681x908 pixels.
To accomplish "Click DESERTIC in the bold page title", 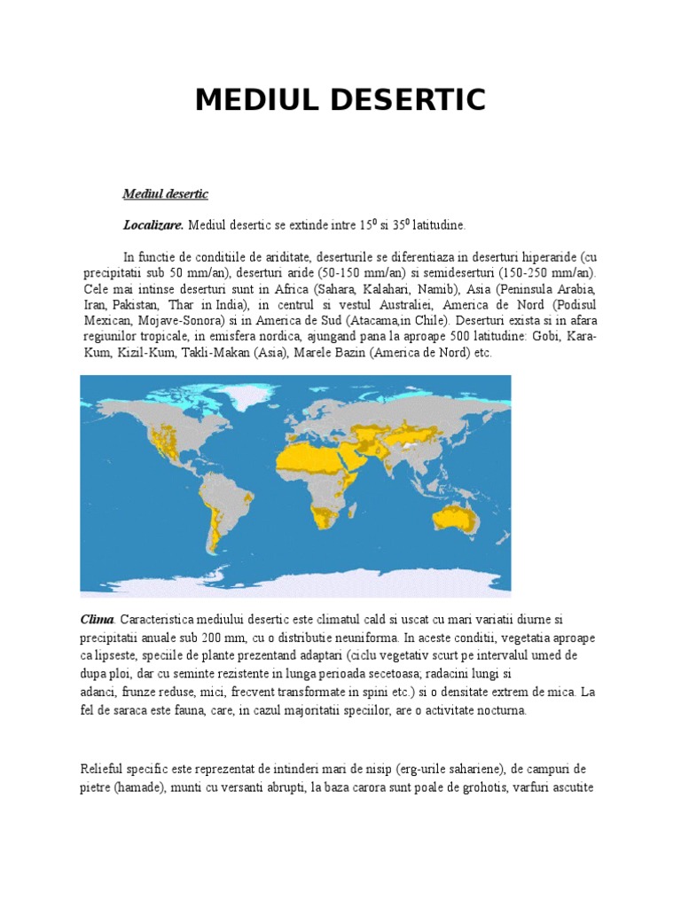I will [x=410, y=100].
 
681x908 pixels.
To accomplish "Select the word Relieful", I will [x=103, y=769].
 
